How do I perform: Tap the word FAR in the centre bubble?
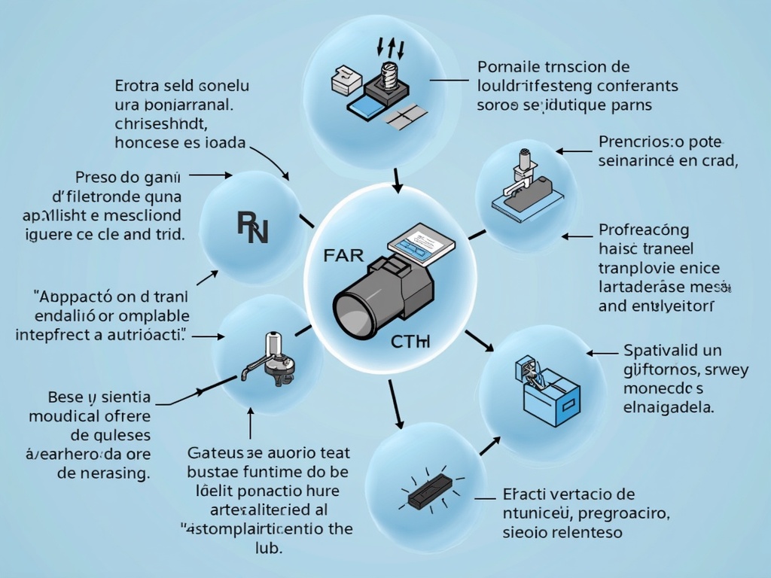(343, 254)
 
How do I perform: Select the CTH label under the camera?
(410, 343)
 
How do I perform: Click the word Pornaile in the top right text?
(509, 68)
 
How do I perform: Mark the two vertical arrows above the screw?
(395, 49)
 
